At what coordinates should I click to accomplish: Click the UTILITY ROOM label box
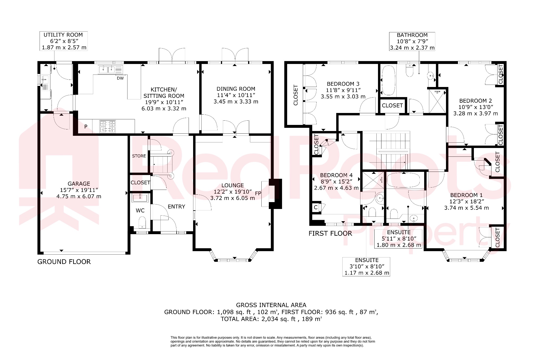63,41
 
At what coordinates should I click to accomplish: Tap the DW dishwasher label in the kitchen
120,78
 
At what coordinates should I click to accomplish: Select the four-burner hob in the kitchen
108,126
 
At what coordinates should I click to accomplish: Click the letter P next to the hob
86,127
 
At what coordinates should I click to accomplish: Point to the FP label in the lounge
258,193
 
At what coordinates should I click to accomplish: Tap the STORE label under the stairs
139,156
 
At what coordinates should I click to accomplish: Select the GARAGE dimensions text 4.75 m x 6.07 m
79,197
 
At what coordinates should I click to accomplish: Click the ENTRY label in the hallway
176,207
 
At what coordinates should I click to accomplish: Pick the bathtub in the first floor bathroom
389,80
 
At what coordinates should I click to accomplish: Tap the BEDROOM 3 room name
343,84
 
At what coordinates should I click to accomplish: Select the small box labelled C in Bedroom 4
316,207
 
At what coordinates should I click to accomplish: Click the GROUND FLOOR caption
64,262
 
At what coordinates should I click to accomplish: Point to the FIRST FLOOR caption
330,233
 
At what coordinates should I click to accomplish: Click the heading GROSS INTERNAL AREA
271,305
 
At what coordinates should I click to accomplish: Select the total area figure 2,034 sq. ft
278,319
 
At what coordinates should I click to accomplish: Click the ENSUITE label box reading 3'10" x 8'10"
366,267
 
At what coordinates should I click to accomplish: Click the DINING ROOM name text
236,89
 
